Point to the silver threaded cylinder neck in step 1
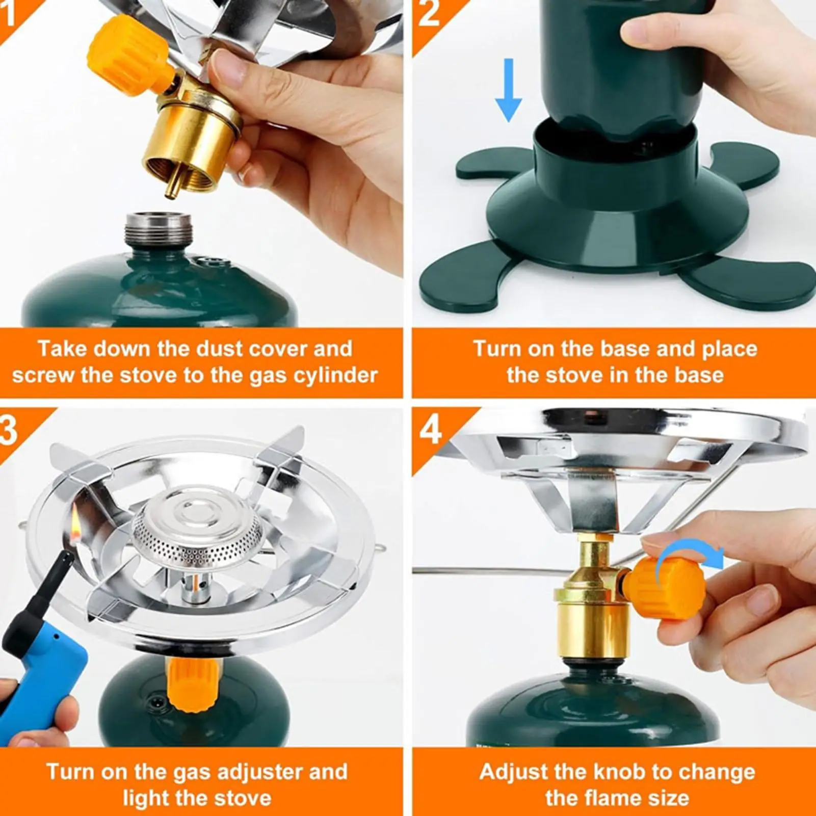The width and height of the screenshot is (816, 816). click(158, 229)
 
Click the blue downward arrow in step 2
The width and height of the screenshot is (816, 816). click(508, 90)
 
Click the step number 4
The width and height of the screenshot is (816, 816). click(430, 430)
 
